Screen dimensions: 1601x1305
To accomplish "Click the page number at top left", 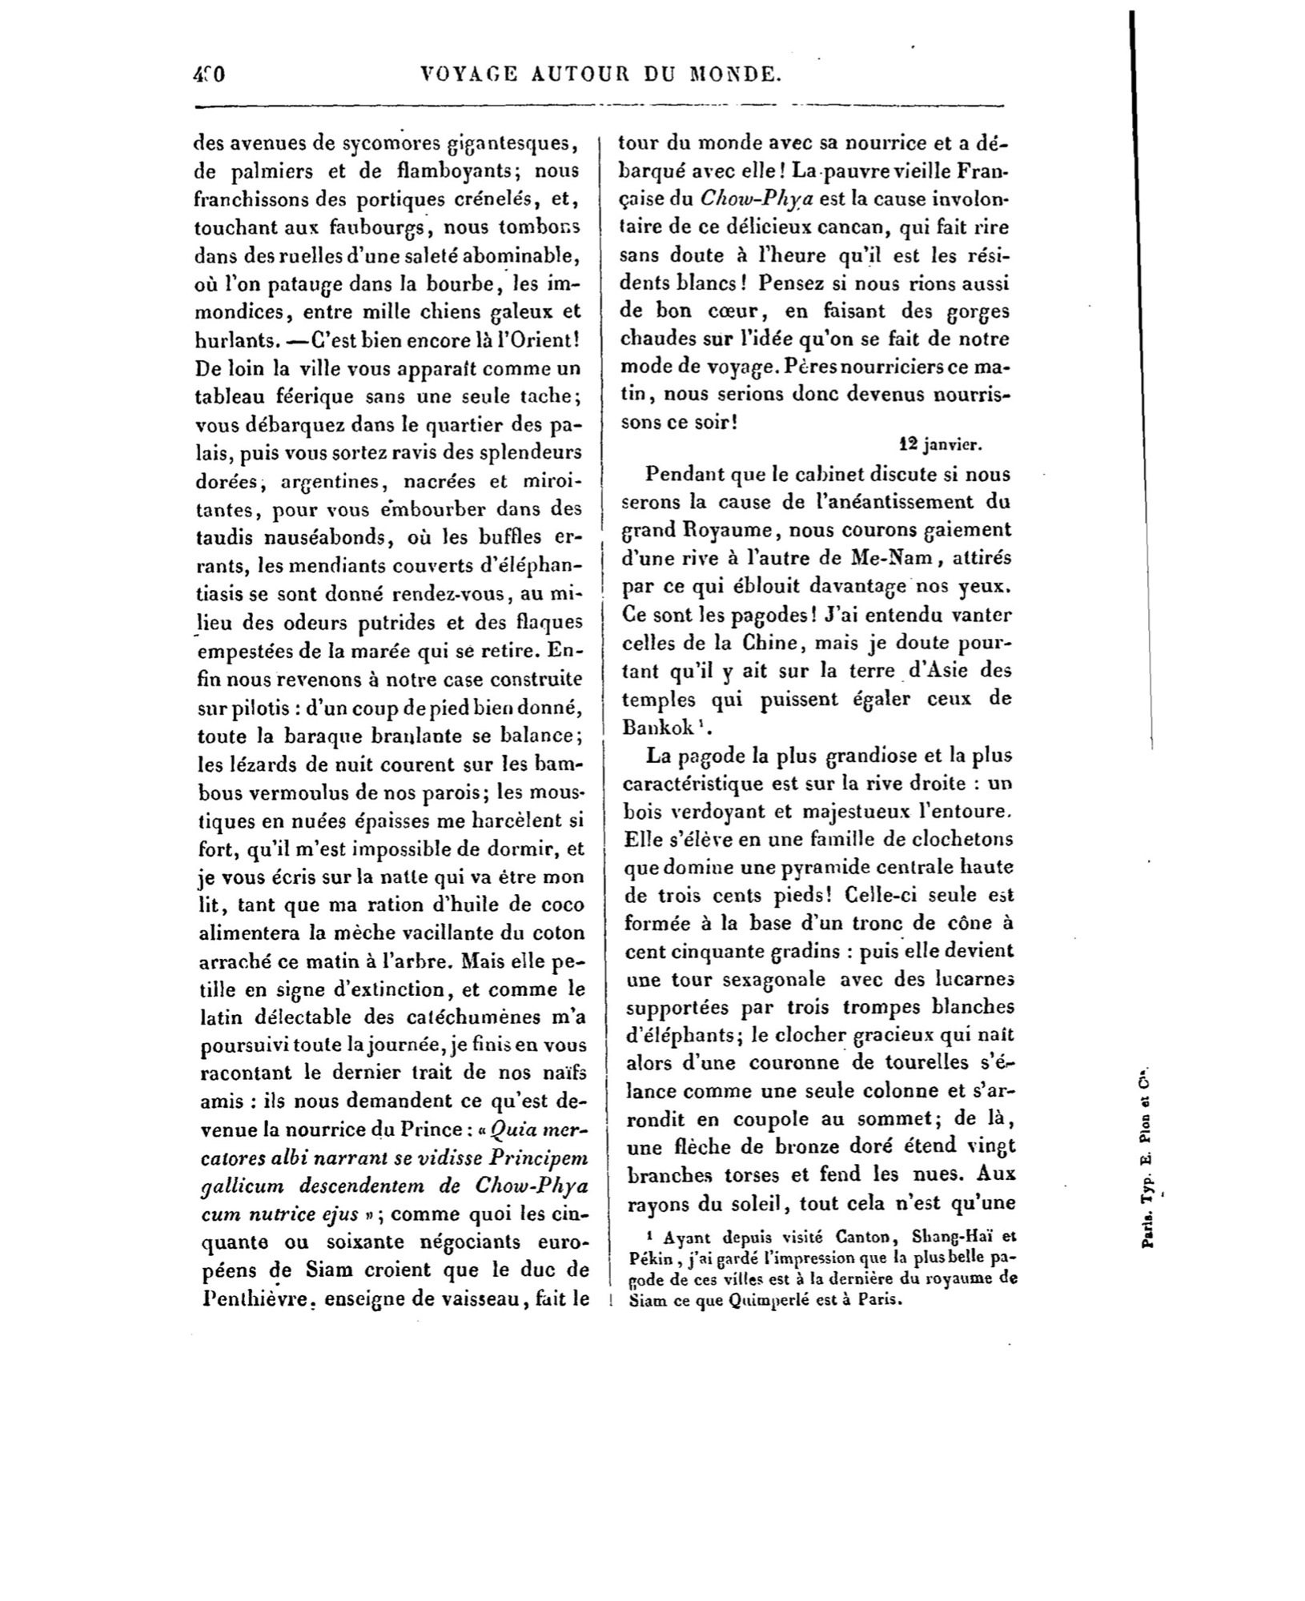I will pos(210,74).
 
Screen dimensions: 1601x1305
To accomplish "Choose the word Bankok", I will pos(661,727).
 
